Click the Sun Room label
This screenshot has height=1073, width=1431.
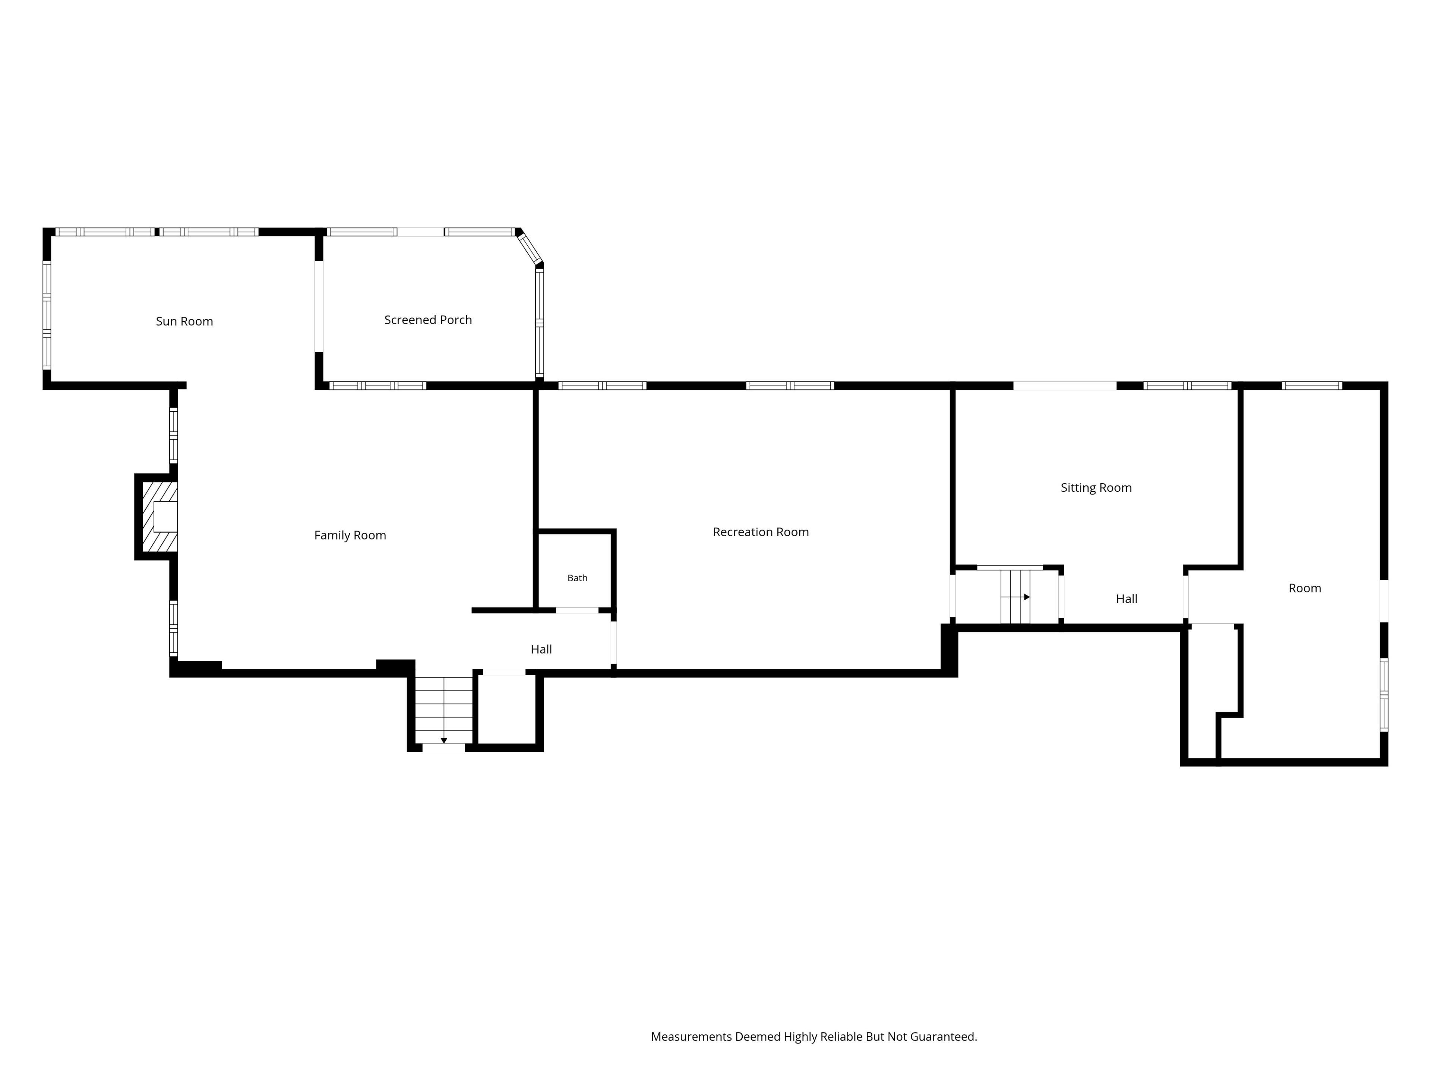(x=184, y=322)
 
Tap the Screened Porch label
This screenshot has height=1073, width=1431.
(x=428, y=320)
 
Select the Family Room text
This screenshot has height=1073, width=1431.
(x=350, y=535)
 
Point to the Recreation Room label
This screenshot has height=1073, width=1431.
(x=761, y=532)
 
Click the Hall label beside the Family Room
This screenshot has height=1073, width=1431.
(x=541, y=649)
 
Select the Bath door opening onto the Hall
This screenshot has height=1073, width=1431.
(x=577, y=611)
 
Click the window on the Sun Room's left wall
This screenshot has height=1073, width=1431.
(x=47, y=315)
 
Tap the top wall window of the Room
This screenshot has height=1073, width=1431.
(x=1312, y=386)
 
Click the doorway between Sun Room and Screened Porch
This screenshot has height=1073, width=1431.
(x=319, y=307)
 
